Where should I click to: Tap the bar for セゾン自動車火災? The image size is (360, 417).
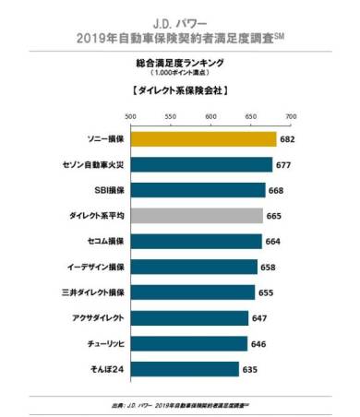[x=201, y=164]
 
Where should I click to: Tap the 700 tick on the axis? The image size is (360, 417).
[x=292, y=117]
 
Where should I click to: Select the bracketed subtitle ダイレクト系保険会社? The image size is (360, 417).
[x=180, y=91]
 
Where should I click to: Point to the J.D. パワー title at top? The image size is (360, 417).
[x=180, y=18]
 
